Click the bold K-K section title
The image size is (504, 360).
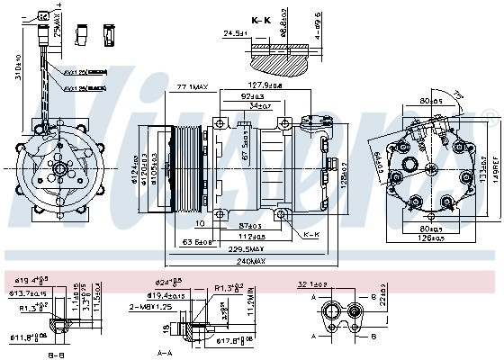coord(261,20)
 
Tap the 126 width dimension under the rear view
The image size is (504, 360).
coord(423,238)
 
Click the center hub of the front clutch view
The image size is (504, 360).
coord(60,167)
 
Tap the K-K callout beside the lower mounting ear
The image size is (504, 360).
coord(311,236)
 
